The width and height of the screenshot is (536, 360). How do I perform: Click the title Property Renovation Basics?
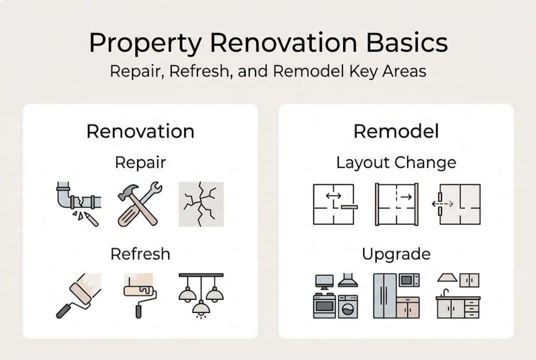tap(268, 43)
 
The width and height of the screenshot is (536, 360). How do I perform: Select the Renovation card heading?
tap(140, 131)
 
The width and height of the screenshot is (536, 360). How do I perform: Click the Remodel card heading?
tap(396, 131)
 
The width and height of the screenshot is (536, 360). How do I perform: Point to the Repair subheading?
tap(140, 162)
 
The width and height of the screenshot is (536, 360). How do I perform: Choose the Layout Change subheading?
tap(396, 162)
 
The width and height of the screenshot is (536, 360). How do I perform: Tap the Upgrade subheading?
tap(396, 254)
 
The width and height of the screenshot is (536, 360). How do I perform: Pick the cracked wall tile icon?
tap(201, 204)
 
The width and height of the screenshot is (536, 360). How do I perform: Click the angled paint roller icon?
tap(78, 295)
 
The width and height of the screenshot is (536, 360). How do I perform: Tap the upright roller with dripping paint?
tap(139, 295)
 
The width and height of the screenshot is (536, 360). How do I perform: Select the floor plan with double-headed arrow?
tap(334, 204)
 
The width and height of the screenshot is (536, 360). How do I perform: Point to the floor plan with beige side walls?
tap(396, 204)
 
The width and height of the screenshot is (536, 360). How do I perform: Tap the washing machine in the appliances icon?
tap(348, 306)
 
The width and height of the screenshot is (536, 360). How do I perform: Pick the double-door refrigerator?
tap(384, 295)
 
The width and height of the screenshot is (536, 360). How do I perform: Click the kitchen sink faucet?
tap(445, 292)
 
